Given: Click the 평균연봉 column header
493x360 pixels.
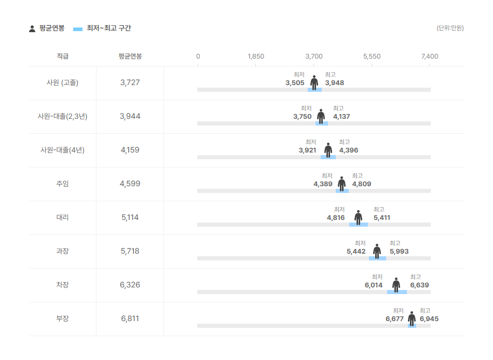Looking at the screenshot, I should click(130, 57).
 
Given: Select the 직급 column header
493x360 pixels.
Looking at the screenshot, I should click(62, 57).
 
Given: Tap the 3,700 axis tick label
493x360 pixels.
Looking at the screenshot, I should click(314, 57).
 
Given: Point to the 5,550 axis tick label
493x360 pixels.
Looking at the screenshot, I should click(372, 57).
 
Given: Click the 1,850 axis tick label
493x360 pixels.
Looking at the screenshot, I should click(256, 57).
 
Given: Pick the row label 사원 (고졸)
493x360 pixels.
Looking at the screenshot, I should click(62, 82).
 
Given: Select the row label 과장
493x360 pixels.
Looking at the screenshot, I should click(62, 251).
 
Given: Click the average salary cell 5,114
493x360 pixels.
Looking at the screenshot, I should click(130, 217).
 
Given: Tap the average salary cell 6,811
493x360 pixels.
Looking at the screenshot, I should click(130, 319).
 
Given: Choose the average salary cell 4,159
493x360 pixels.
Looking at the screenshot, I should click(130, 150).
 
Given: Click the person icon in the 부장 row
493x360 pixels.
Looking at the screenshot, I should click(412, 319).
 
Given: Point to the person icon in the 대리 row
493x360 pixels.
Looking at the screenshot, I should click(358, 217).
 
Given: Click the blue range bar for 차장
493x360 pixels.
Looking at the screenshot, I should click(397, 292).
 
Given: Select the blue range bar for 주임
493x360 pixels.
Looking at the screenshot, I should click(342, 191).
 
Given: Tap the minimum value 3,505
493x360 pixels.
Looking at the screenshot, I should click(295, 83).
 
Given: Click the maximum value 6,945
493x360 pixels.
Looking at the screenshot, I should click(429, 319).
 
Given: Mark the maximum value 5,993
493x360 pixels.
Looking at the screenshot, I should click(399, 252).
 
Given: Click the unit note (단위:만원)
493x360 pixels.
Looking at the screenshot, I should click(450, 28).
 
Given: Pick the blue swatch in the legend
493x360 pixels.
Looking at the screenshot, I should click(78, 29).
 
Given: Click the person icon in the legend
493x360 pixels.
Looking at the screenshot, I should click(32, 29).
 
